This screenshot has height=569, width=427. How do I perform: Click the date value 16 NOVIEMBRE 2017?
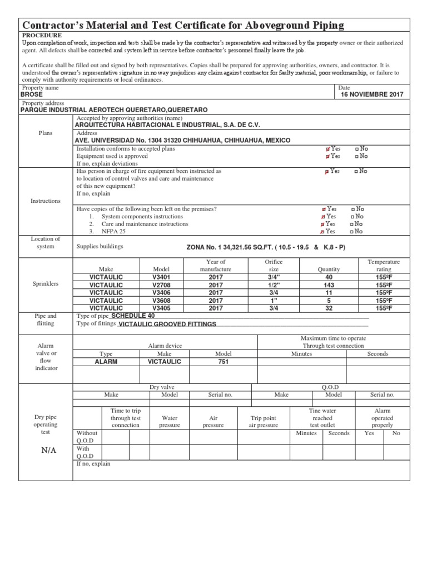pyautogui.click(x=372, y=94)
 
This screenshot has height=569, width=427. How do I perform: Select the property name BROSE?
pyautogui.click(x=31, y=94)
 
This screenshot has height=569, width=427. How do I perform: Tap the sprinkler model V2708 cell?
pyautogui.click(x=162, y=284)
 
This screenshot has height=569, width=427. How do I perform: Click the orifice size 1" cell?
pyautogui.click(x=273, y=300)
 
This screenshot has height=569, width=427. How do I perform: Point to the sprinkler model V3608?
pyautogui.click(x=162, y=300)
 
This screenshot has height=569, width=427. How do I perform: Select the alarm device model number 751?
pyautogui.click(x=223, y=361)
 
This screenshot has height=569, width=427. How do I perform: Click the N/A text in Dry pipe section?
pyautogui.click(x=48, y=450)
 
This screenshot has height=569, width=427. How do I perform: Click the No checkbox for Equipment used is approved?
pyautogui.click(x=355, y=156)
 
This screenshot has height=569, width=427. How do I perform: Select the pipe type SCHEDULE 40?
pyautogui.click(x=133, y=316)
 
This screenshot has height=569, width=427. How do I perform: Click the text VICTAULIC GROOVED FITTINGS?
pyautogui.click(x=167, y=324)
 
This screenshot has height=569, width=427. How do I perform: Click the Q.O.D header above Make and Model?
pyautogui.click(x=330, y=387)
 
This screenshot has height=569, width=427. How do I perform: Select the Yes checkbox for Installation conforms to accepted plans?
pyautogui.click(x=327, y=149)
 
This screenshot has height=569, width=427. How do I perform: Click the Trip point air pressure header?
pyautogui.click(x=263, y=421)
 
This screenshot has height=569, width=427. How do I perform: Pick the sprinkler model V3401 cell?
pyautogui.click(x=162, y=277)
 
